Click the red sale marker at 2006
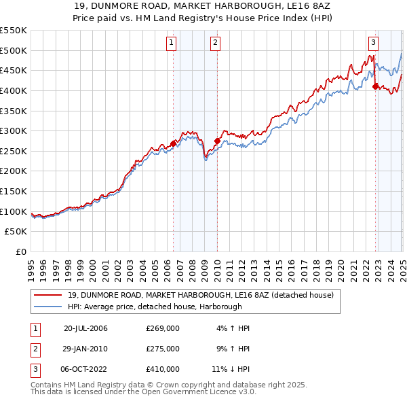coord(173,143)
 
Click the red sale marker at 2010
coord(217,141)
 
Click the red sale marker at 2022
coord(375,86)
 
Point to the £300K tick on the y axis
coord(14,130)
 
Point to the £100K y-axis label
coord(14,211)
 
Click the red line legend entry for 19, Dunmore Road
coord(200,296)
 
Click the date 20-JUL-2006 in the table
coord(86,328)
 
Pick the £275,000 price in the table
coord(163,349)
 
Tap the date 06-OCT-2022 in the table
coord(86,369)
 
